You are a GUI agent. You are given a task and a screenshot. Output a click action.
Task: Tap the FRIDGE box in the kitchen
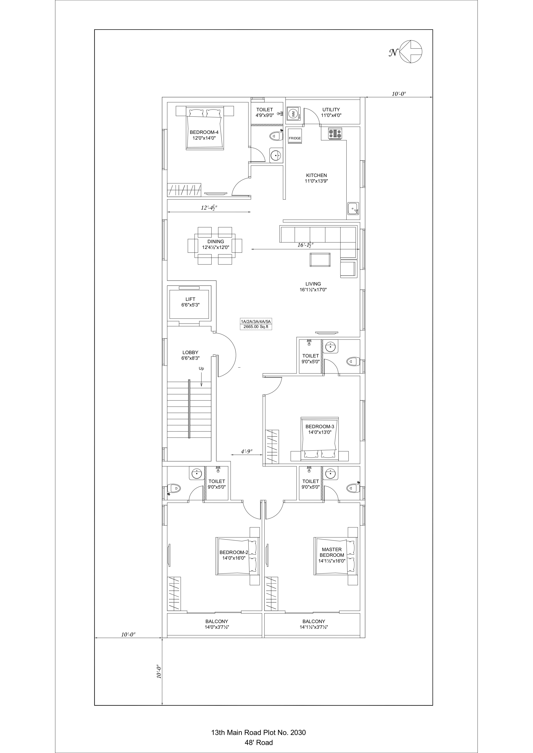click(295, 138)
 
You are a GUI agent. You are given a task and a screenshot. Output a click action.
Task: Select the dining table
click(215, 245)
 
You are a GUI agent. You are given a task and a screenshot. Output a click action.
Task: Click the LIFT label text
click(190, 299)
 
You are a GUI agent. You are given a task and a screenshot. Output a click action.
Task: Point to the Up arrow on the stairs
click(202, 380)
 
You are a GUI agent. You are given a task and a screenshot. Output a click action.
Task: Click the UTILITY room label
click(331, 110)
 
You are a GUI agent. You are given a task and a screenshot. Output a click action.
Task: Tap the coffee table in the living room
click(320, 260)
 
